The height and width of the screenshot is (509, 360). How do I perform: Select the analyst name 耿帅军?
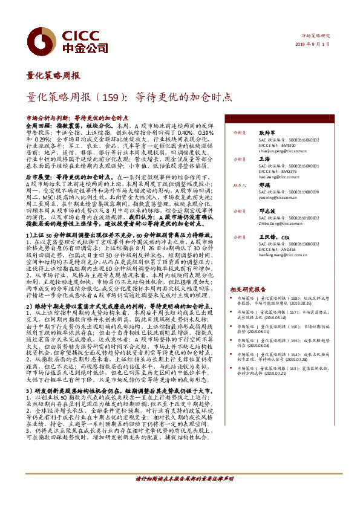click(x=268, y=132)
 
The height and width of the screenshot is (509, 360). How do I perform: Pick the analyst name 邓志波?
click(x=268, y=211)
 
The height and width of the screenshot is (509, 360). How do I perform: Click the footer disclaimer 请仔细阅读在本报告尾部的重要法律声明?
click(x=183, y=494)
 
